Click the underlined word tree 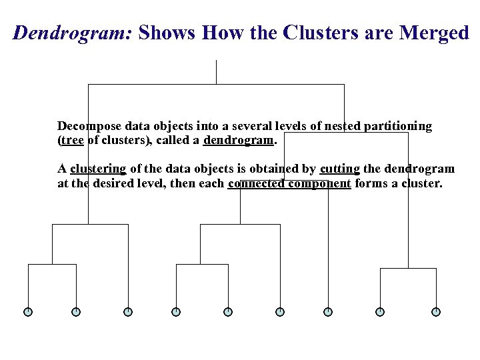72,141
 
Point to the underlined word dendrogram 239,141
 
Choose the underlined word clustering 98,169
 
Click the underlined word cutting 339,169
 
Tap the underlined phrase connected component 289,183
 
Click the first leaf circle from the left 28,311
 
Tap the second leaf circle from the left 76,311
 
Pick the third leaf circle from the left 128,311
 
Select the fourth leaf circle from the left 176,311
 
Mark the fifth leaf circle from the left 228,311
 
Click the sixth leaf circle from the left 280,311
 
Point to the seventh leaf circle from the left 328,311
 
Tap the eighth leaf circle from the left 380,311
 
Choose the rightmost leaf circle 436,311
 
